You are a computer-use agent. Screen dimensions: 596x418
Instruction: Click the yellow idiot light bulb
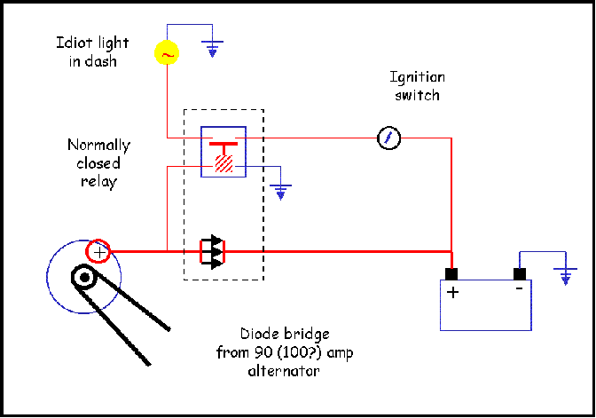(167, 52)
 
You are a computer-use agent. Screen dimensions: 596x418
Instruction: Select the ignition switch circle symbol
(388, 138)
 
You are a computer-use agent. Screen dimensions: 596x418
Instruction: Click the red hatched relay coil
(223, 163)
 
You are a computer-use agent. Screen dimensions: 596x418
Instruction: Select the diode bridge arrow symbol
(213, 252)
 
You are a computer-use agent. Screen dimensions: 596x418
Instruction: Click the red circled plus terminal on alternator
(98, 251)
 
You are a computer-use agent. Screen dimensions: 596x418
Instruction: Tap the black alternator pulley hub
(84, 277)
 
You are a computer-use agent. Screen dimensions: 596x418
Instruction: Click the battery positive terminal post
(451, 274)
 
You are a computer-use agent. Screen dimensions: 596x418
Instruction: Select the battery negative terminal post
(520, 274)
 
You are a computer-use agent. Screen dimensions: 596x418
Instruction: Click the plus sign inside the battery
(452, 293)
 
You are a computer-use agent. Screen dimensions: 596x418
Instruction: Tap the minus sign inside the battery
(519, 288)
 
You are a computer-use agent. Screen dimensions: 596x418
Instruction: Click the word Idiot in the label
(72, 43)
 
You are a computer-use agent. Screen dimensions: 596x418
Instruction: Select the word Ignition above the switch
(418, 77)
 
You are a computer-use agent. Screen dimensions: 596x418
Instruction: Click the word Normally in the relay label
(98, 146)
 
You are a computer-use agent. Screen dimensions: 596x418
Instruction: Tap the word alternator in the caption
(284, 371)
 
